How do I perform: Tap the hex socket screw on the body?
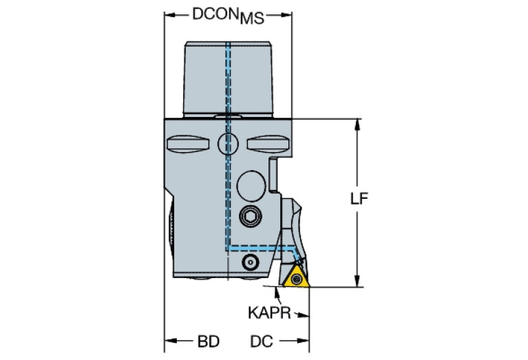[250, 218]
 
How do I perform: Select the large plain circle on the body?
[250, 185]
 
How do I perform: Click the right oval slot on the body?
[266, 145]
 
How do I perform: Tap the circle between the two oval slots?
[227, 145]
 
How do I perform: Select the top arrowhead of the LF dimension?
[357, 125]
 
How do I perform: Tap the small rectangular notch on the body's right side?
[273, 173]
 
